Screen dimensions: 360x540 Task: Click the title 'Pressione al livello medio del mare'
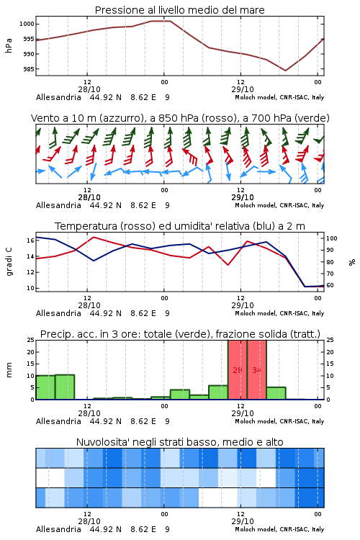(x=179, y=10)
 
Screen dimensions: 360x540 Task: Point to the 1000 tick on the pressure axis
(x=27, y=24)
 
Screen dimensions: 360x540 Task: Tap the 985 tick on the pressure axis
(x=28, y=69)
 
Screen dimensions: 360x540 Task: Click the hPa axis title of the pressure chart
(x=9, y=45)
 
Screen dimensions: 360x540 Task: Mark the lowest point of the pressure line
(x=286, y=71)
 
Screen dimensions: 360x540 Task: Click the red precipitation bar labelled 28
(x=238, y=370)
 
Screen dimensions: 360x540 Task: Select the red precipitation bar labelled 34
(x=256, y=370)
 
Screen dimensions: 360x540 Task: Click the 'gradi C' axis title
(x=9, y=262)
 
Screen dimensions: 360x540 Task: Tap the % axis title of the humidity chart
(x=352, y=262)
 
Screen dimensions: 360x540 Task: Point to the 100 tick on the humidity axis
(x=332, y=238)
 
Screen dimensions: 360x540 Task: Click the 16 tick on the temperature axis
(x=30, y=240)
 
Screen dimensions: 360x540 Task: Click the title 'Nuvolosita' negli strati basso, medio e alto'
(x=179, y=442)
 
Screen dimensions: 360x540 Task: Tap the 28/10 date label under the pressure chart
(x=89, y=89)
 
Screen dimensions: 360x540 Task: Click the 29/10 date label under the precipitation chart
(x=243, y=413)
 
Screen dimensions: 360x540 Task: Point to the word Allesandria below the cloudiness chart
(x=58, y=529)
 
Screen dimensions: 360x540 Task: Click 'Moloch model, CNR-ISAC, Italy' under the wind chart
(x=279, y=205)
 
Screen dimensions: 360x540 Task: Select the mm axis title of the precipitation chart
(x=9, y=370)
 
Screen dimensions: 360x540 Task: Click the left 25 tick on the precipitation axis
(x=30, y=340)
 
